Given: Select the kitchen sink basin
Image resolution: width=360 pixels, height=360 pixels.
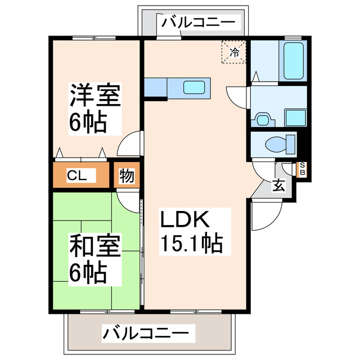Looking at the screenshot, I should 195,87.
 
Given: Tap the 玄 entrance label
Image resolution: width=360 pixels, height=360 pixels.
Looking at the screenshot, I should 279,185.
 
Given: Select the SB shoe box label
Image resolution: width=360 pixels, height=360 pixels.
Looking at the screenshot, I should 302,169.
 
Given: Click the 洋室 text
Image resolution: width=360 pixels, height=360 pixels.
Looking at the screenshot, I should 94,96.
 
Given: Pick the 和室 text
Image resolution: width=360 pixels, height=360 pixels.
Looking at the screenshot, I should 95,246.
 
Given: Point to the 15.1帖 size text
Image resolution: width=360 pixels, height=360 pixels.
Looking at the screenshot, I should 192,244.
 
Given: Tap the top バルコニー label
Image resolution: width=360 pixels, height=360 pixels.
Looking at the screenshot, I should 198,22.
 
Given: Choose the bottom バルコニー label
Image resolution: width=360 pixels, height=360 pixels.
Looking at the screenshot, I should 145,333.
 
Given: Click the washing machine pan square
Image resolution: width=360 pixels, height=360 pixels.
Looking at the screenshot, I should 295,117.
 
